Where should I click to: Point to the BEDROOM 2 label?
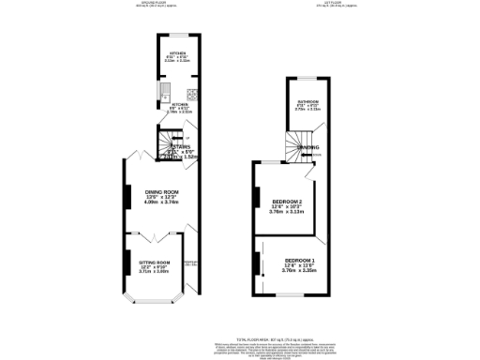[287, 202]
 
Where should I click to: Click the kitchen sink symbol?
[163, 92]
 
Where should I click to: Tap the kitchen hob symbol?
[191, 93]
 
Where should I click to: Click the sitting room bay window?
[151, 302]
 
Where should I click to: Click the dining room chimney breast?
[127, 195]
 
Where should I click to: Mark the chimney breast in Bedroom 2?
[255, 197]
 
